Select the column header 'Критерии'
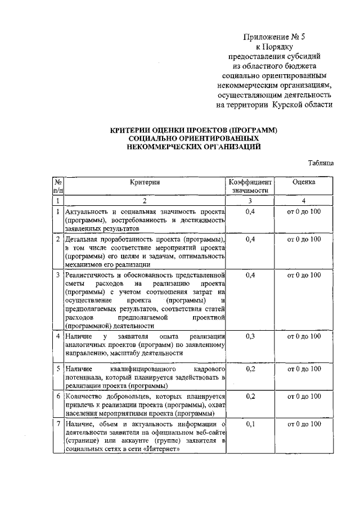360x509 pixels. tap(145, 182)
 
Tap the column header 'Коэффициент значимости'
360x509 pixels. tap(250, 187)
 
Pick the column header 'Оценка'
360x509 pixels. tap(304, 182)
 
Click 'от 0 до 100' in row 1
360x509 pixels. tap(304, 211)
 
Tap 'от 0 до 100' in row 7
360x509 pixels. tap(304, 424)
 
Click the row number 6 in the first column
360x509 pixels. tap(58, 396)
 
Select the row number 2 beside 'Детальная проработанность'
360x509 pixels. tap(58, 239)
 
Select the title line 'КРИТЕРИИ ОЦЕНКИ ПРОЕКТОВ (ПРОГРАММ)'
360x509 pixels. tap(194, 130)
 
